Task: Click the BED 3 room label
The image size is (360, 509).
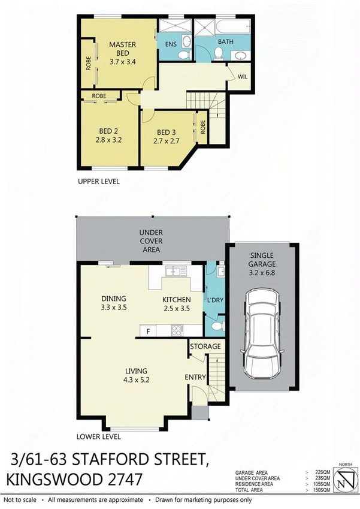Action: tap(167, 132)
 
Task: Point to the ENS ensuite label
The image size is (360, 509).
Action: tap(170, 44)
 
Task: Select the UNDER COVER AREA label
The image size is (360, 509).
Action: tap(152, 240)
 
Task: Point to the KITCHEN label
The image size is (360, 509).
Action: tap(177, 300)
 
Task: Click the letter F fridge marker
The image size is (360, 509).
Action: tap(147, 330)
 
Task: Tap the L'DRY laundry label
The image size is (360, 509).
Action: tap(214, 300)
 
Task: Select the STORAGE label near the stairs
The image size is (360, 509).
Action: tap(205, 347)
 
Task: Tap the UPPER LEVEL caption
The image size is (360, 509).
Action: tap(99, 181)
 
